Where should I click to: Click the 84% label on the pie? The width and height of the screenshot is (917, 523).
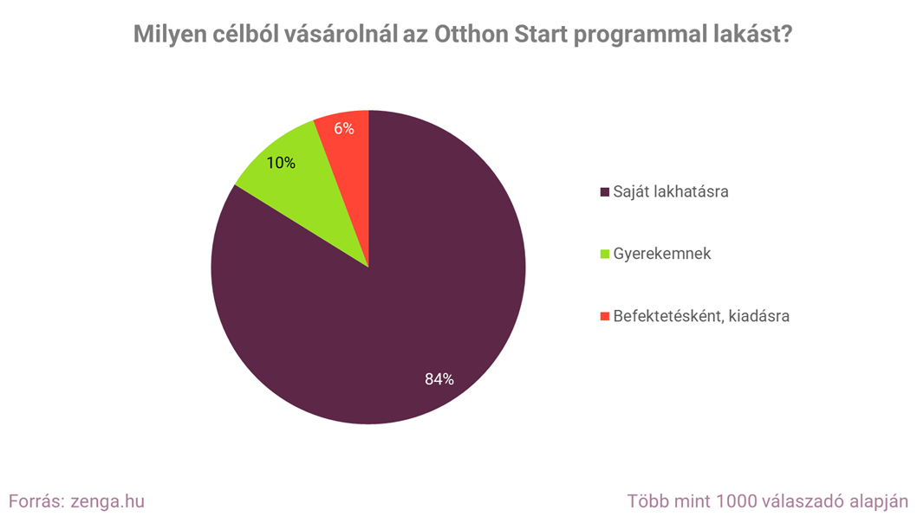pos(439,378)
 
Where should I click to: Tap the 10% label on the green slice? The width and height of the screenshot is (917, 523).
pos(281,162)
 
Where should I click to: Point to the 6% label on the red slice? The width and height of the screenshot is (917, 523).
pos(344,128)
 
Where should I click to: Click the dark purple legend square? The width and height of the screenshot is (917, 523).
pos(604,191)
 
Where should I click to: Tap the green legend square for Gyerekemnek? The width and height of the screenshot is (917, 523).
pos(604,255)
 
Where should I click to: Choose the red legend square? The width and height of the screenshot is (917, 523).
pos(604,316)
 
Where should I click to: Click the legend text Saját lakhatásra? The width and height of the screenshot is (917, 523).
pos(670,191)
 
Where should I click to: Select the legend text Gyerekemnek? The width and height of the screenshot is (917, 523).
pos(662,255)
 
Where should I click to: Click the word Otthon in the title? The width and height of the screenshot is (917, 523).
pos(467,36)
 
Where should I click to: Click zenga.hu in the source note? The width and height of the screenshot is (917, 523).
pos(107,501)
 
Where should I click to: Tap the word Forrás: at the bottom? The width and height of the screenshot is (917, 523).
pos(36,501)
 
